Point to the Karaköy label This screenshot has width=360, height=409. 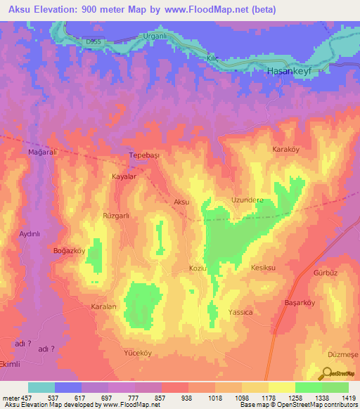coord(286,150)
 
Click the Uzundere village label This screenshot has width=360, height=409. coord(247,200)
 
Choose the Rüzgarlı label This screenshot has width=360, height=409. coord(117,216)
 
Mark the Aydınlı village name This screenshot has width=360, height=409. coord(32,233)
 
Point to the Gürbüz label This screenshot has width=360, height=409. coord(326,272)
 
